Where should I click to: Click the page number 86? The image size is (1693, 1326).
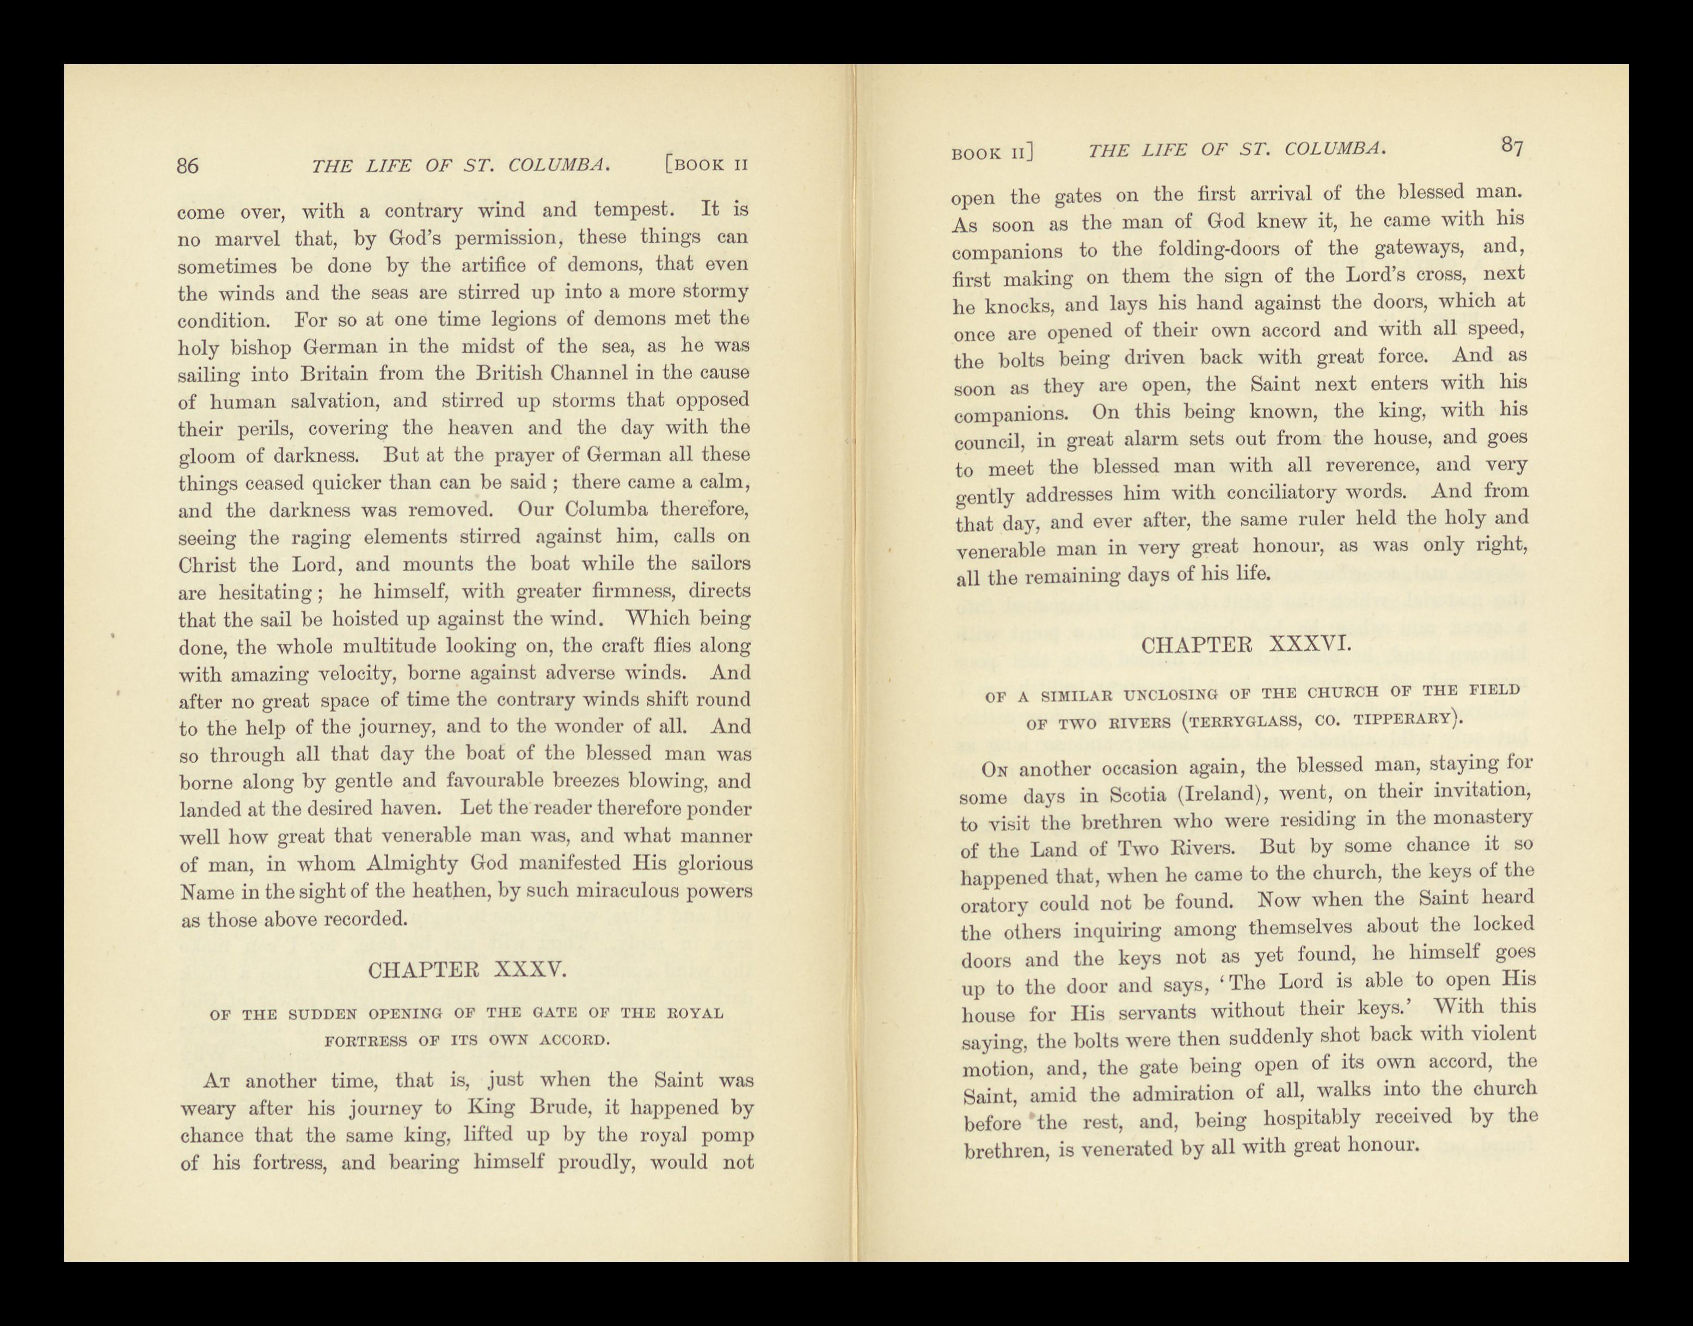point(188,165)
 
